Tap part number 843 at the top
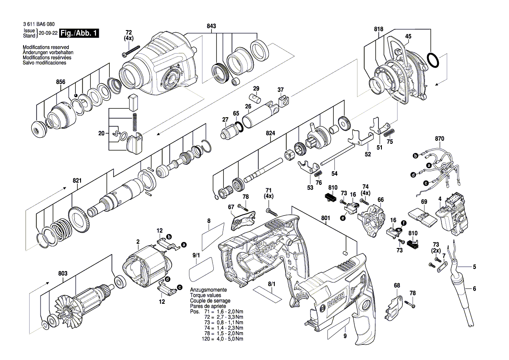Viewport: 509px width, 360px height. [x=211, y=27]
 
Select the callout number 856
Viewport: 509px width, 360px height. [x=61, y=82]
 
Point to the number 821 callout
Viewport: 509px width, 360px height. [x=77, y=180]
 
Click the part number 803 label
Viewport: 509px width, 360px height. [x=63, y=273]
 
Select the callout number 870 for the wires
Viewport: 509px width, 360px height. [x=440, y=139]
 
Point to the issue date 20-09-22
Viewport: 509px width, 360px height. [x=48, y=33]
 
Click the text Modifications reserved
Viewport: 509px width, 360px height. [x=46, y=47]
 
